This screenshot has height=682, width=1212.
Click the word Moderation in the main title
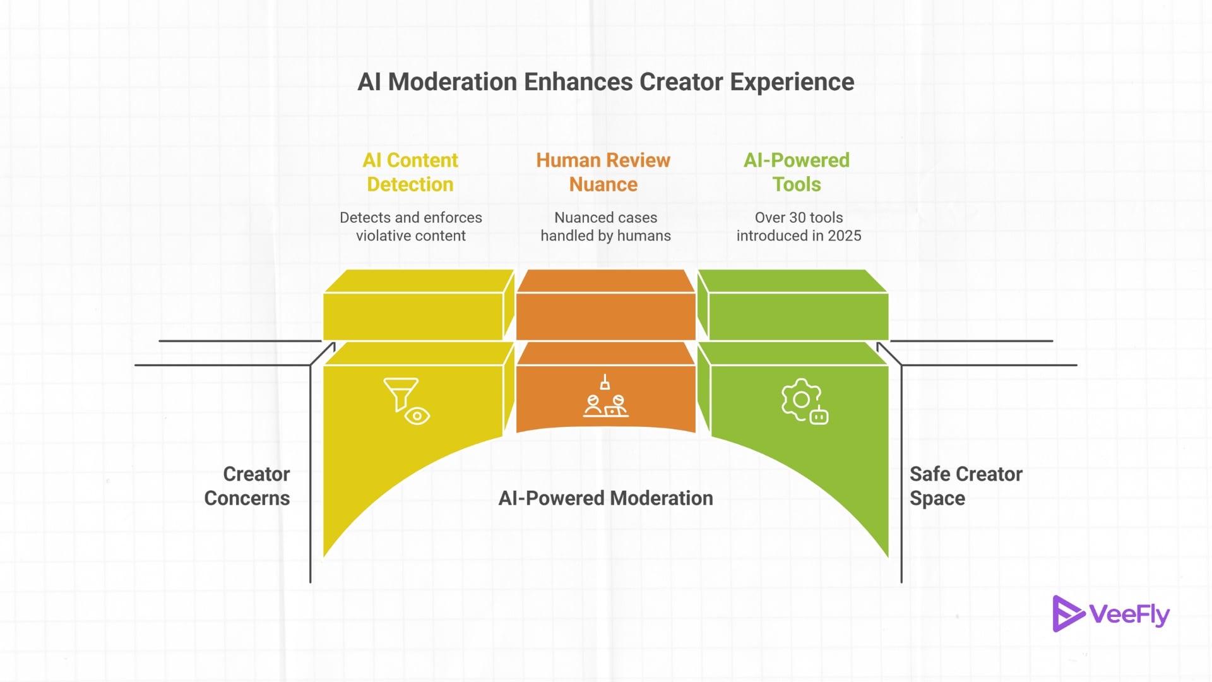452,82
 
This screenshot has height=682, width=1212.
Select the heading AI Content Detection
410,172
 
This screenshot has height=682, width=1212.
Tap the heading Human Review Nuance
603,172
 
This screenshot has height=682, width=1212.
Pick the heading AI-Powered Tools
797,172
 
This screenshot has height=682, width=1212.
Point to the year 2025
845,236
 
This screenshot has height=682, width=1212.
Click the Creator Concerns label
247,486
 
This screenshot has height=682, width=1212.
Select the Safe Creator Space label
965,486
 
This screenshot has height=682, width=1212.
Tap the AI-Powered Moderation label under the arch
605,498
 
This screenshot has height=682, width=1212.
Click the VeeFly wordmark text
1129,614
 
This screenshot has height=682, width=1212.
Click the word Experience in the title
792,82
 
